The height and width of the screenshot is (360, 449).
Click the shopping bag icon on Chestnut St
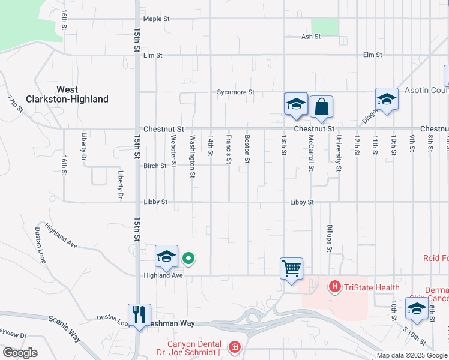click(321, 107)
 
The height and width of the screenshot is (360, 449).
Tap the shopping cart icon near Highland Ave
click(291, 268)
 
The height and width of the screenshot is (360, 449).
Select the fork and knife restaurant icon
click(139, 314)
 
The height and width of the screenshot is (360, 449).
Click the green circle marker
click(188, 259)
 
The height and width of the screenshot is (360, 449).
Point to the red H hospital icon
click(335, 287)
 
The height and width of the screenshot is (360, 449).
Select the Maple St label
click(156, 19)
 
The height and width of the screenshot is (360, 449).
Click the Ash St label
click(311, 37)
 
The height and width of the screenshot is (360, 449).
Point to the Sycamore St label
click(236, 92)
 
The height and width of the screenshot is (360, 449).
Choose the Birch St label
click(155, 166)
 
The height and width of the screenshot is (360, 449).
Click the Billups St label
click(330, 234)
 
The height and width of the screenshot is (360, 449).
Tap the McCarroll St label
click(311, 152)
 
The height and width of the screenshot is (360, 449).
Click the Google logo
click(20, 353)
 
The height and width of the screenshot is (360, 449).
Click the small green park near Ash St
click(325, 27)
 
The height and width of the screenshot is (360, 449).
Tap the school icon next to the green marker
click(166, 256)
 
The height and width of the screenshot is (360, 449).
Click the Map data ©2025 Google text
click(412, 355)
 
